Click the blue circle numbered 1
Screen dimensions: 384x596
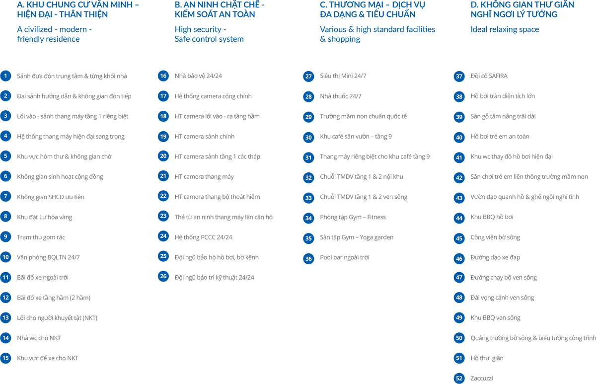click(x=5, y=76)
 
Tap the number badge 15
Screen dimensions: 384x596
click(x=5, y=358)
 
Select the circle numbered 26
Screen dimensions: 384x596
click(x=163, y=276)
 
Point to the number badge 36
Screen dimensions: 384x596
click(x=309, y=258)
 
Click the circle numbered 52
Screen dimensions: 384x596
click(x=459, y=379)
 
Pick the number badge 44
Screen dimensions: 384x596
click(x=459, y=218)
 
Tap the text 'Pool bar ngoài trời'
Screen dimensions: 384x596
click(x=345, y=257)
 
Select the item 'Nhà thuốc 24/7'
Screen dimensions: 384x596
click(x=341, y=96)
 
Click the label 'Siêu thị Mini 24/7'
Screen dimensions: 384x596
click(x=343, y=76)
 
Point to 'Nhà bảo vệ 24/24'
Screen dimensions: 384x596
click(x=198, y=76)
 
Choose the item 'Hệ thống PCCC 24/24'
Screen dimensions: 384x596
click(x=203, y=237)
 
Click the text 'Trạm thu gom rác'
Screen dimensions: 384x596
click(x=41, y=237)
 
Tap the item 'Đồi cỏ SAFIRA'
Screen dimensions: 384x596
click(x=489, y=76)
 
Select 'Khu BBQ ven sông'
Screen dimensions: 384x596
click(x=496, y=317)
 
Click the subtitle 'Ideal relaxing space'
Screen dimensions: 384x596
click(x=505, y=29)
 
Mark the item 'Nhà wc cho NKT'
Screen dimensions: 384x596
click(x=39, y=338)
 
